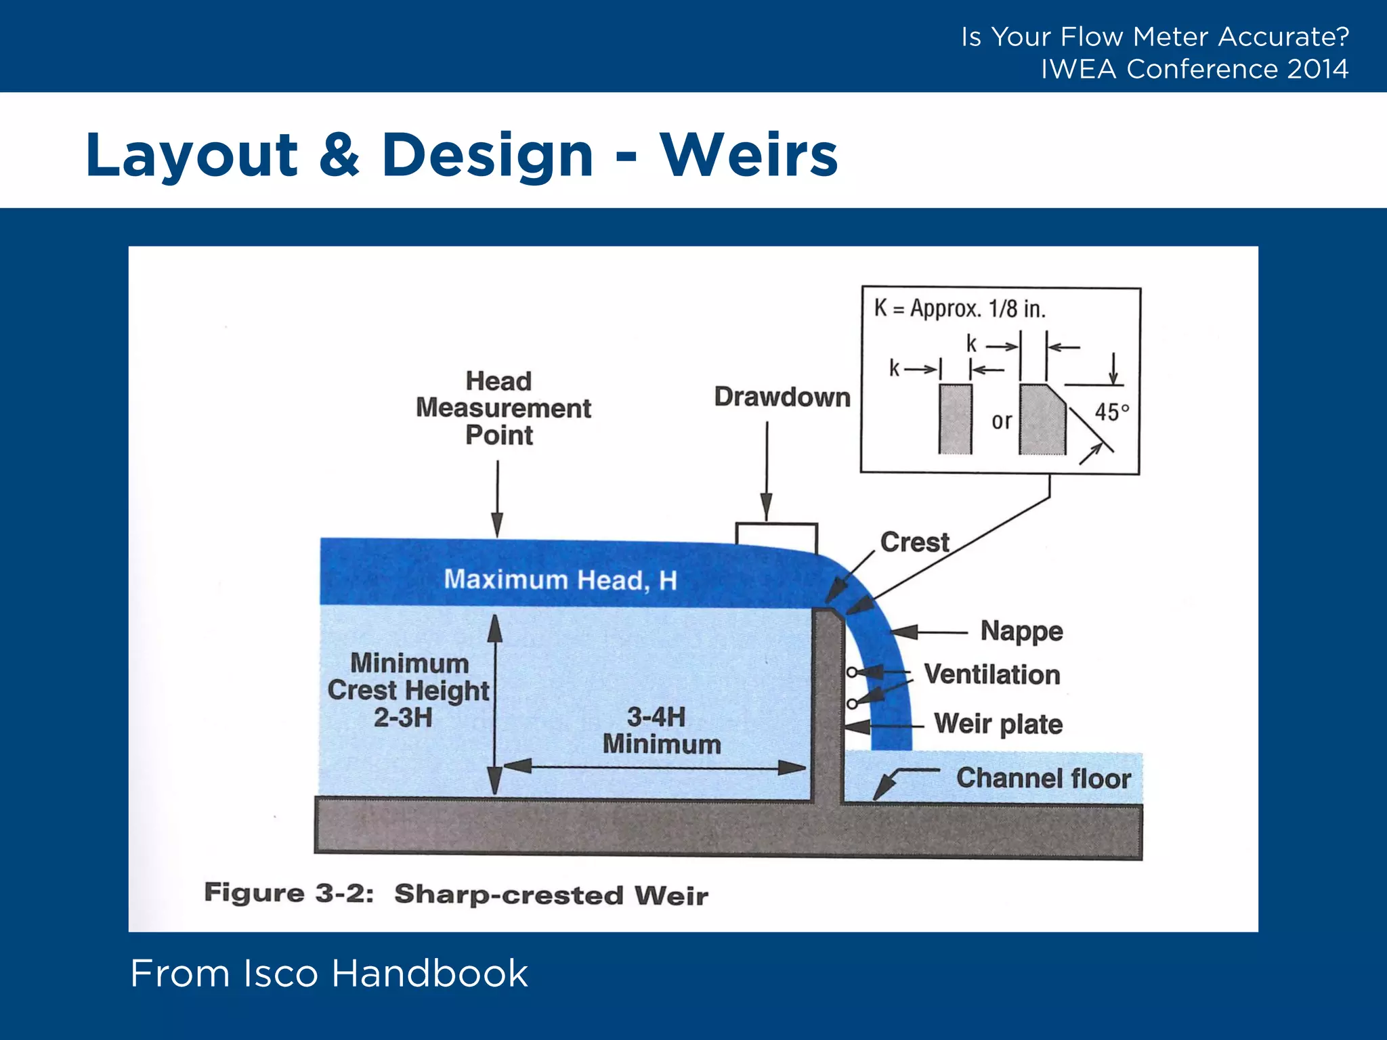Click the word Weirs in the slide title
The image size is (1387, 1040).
pos(748,155)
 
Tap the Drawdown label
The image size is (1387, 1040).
pos(782,397)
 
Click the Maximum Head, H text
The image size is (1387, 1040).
pos(560,580)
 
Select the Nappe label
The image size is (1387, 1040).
pos(1021,631)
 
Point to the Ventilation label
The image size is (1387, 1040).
pos(991,675)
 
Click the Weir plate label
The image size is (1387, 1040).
pos(998,724)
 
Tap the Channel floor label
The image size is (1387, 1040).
pos(1043,779)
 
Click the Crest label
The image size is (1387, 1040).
pos(914,542)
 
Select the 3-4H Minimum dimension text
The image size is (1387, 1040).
pos(661,731)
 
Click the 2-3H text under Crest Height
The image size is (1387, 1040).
pos(403,718)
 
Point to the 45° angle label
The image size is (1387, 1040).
pos(1111,412)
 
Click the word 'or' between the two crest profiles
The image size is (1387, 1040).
pos(1001,421)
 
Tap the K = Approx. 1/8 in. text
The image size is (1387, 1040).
pos(960,309)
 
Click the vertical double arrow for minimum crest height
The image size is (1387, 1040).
pos(495,704)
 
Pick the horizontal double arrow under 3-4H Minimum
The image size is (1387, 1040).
pos(654,768)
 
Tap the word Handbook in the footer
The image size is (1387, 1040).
pos(429,974)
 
